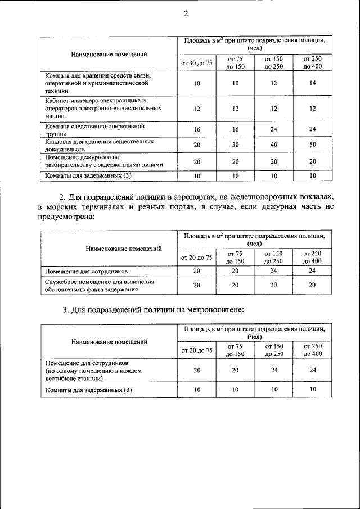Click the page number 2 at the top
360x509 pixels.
(185, 14)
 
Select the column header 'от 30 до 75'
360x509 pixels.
(196, 63)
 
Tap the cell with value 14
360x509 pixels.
(312, 83)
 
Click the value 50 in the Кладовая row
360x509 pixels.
(312, 145)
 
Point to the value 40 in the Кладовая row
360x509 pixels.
(273, 145)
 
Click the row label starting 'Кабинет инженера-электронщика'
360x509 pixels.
(100, 107)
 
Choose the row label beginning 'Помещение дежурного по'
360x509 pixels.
(103, 161)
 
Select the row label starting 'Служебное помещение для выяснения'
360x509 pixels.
(100, 286)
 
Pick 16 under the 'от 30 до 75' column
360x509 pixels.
(196, 129)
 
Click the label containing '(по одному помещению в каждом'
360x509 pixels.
(92, 371)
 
